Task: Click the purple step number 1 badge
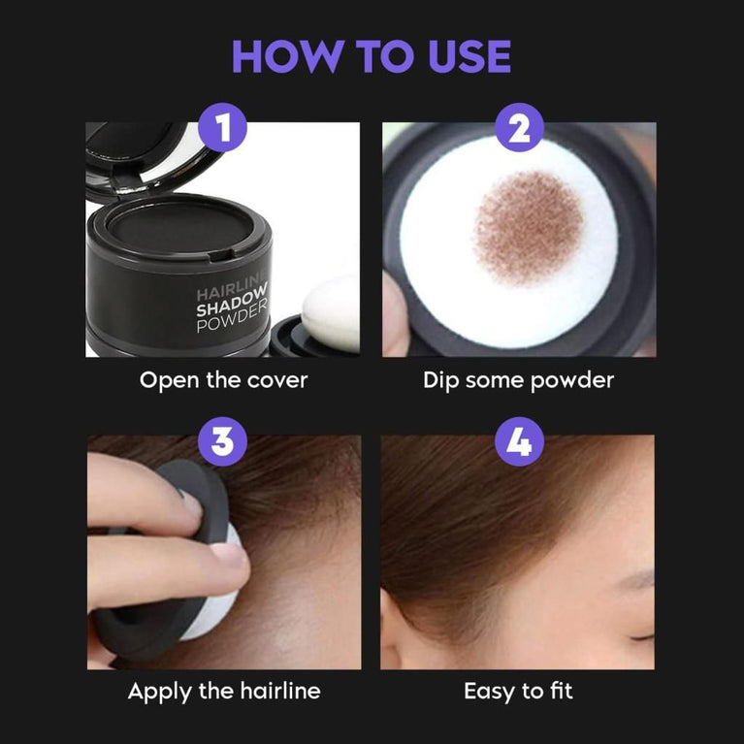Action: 222,130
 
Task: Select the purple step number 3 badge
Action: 222,442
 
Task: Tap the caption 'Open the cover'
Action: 223,379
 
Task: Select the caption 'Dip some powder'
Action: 519,379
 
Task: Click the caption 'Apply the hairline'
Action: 223,692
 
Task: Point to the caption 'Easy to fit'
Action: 519,692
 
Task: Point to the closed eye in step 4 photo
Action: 640,635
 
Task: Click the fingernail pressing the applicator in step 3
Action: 230,557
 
